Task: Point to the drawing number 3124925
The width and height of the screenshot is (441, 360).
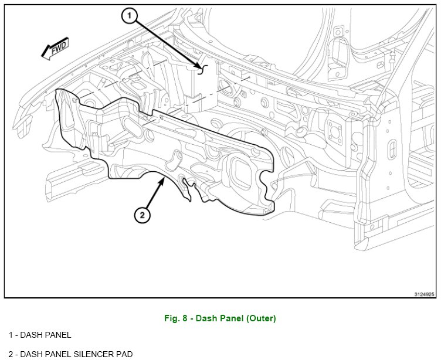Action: (424, 294)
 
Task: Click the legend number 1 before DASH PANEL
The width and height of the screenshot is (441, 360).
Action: (11, 335)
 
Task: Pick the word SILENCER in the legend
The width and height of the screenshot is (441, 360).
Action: (80, 354)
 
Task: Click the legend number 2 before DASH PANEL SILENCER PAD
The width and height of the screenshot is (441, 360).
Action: (11, 354)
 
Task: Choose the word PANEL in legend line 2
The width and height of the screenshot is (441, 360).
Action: (57, 354)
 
